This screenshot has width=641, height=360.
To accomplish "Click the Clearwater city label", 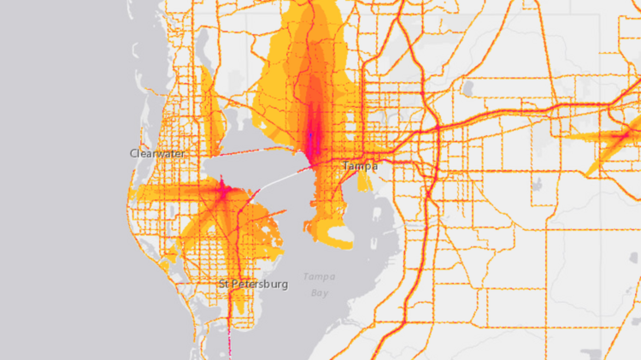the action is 157,154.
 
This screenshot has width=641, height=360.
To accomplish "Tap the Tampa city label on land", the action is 359,166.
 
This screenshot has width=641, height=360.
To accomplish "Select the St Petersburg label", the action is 253,284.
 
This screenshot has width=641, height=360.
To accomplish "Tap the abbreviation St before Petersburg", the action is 225,284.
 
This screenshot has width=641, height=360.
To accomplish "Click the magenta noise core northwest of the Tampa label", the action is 315,137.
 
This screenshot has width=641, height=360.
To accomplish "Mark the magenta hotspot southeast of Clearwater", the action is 222,190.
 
